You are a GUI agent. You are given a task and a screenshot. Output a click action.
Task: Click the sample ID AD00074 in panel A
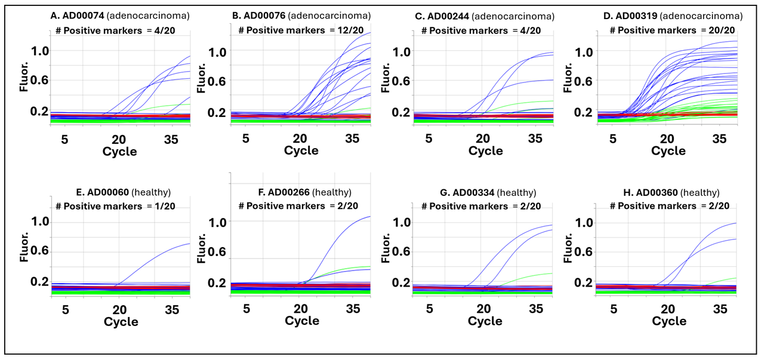(x=83, y=16)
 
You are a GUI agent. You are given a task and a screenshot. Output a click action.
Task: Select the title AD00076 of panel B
(x=264, y=16)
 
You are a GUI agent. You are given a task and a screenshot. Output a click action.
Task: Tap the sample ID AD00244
(x=448, y=16)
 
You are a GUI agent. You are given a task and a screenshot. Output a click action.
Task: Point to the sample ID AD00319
(x=637, y=16)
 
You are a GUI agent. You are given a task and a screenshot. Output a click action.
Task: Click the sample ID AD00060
(x=108, y=192)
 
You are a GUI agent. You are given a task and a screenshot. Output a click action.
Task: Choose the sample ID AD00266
(x=289, y=192)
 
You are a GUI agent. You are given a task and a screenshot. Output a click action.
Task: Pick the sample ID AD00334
(x=473, y=193)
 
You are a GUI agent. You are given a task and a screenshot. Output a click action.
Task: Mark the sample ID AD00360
(x=657, y=193)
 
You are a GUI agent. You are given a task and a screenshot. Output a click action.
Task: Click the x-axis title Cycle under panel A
(x=119, y=151)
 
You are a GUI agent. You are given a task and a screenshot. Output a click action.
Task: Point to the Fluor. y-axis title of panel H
(x=568, y=248)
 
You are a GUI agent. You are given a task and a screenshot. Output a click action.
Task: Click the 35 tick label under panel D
(x=719, y=139)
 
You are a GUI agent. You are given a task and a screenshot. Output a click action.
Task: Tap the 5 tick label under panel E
(x=66, y=310)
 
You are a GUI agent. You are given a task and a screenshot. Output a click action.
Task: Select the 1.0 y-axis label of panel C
(x=402, y=52)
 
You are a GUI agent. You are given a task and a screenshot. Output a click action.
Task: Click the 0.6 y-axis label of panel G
(x=401, y=251)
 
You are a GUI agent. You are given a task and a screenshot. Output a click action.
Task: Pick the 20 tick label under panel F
(x=301, y=309)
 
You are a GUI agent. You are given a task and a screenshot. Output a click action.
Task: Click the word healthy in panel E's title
(x=151, y=192)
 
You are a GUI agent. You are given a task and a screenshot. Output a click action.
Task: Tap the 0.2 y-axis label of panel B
(x=217, y=112)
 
